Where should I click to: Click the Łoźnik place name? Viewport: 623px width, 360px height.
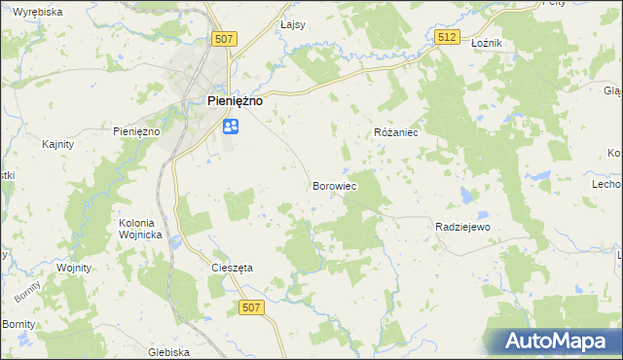485,44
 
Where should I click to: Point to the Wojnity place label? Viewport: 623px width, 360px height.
74,268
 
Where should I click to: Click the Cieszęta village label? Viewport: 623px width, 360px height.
232,268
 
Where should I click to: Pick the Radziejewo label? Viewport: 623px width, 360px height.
461,226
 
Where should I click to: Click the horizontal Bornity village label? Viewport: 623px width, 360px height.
19,323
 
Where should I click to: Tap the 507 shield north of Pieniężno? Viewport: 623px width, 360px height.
224,38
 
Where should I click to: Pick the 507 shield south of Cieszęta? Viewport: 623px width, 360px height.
250,307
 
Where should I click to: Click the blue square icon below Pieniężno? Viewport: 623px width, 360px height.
231,126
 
